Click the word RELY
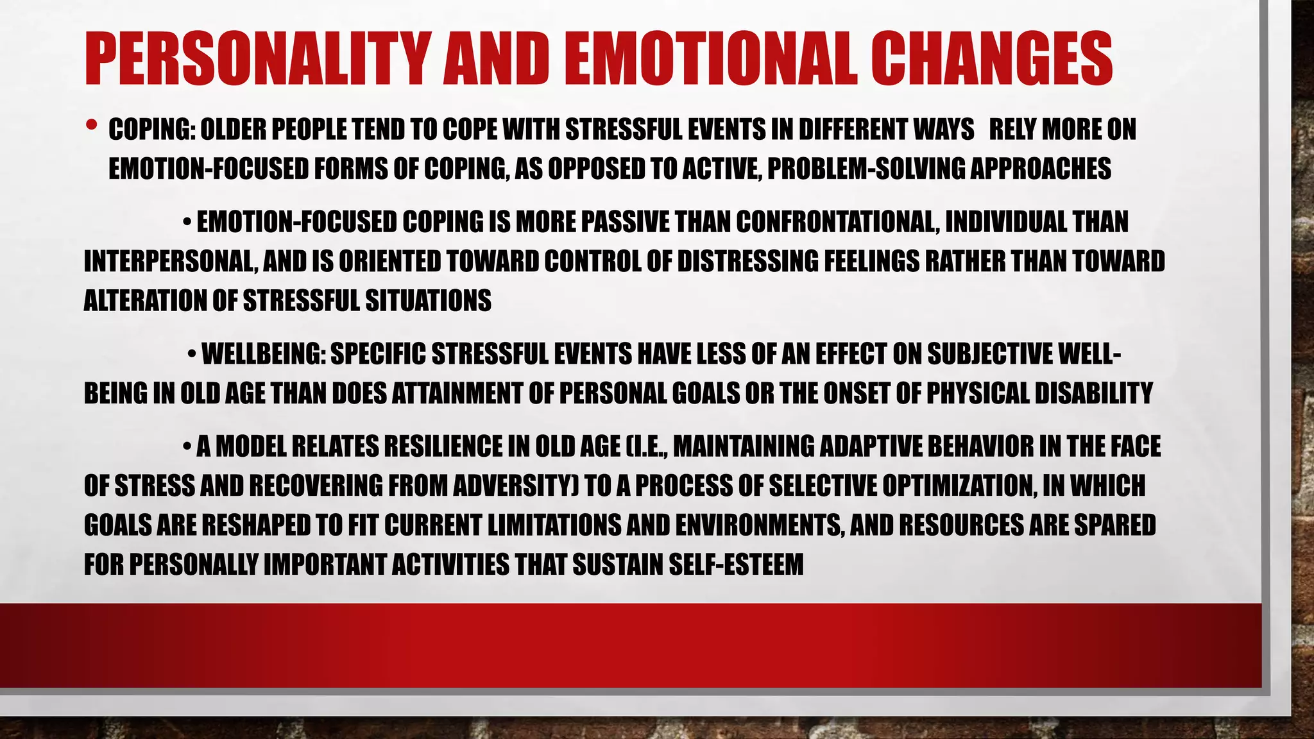coord(1012,130)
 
